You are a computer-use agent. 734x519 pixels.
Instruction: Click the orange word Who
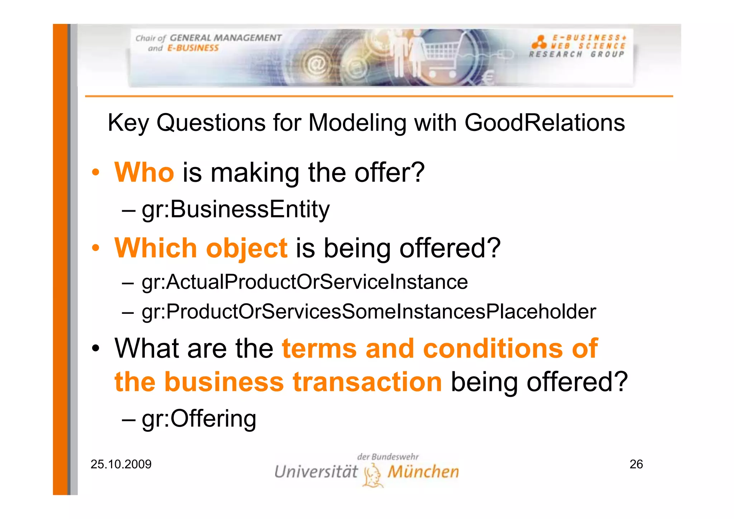(144, 173)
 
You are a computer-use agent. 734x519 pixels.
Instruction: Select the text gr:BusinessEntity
(235, 209)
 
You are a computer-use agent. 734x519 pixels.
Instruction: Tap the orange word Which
(156, 248)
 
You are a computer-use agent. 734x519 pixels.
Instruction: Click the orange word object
(247, 249)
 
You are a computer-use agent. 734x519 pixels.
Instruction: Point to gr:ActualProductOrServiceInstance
(305, 282)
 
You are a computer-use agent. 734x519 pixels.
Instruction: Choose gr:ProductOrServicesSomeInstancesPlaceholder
(369, 311)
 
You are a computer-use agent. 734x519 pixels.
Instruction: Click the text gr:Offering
(199, 419)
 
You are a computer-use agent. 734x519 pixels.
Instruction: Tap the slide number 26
(636, 464)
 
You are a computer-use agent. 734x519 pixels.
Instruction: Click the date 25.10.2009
(121, 464)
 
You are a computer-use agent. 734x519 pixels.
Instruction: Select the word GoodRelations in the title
(544, 123)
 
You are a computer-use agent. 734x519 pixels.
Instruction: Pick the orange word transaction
(367, 382)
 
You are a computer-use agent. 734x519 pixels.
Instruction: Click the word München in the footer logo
(423, 472)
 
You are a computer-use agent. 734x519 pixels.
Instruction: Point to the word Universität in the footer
(316, 472)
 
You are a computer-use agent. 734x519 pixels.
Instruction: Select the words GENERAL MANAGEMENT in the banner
(225, 38)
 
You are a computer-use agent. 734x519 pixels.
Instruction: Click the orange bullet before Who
(95, 173)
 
